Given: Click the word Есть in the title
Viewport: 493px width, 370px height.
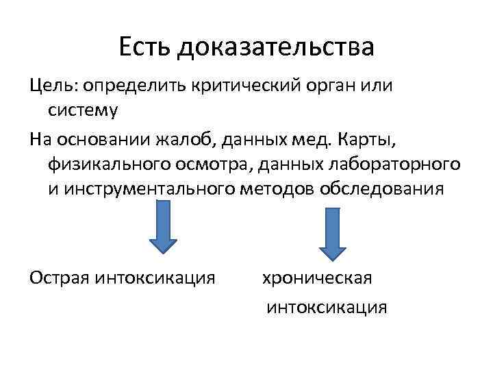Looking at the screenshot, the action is click(x=145, y=48).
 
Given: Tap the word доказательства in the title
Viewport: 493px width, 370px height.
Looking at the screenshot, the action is click(x=276, y=48).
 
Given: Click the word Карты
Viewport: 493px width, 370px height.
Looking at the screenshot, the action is click(x=355, y=140).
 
